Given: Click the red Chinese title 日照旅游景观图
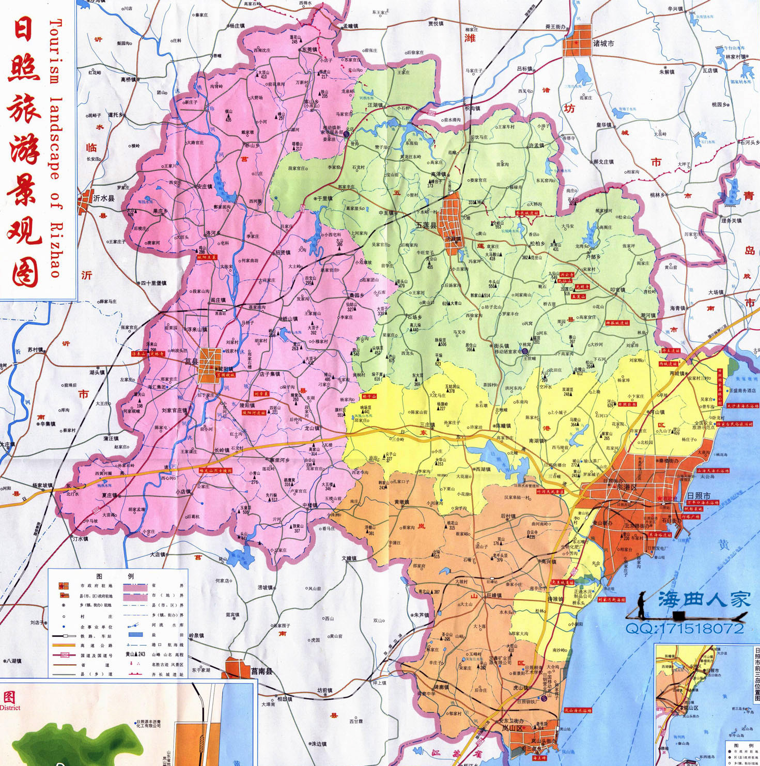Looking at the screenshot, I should click(x=25, y=152).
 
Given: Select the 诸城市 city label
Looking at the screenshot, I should click(x=603, y=43).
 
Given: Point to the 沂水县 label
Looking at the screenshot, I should click(x=104, y=198).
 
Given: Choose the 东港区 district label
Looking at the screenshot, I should click(x=627, y=487).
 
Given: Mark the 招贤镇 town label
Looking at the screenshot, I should click(x=283, y=253).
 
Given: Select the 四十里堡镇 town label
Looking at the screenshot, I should click(x=153, y=283).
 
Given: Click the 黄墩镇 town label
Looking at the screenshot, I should click(x=401, y=502).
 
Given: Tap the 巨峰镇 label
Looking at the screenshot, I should click(x=494, y=596).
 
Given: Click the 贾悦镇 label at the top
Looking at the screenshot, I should click(x=436, y=23).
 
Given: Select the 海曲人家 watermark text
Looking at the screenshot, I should click(x=704, y=600).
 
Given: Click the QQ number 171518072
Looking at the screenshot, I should click(x=685, y=629).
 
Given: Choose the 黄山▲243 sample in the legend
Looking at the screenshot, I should click(x=135, y=654).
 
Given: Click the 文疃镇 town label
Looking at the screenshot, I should click(x=349, y=558).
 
